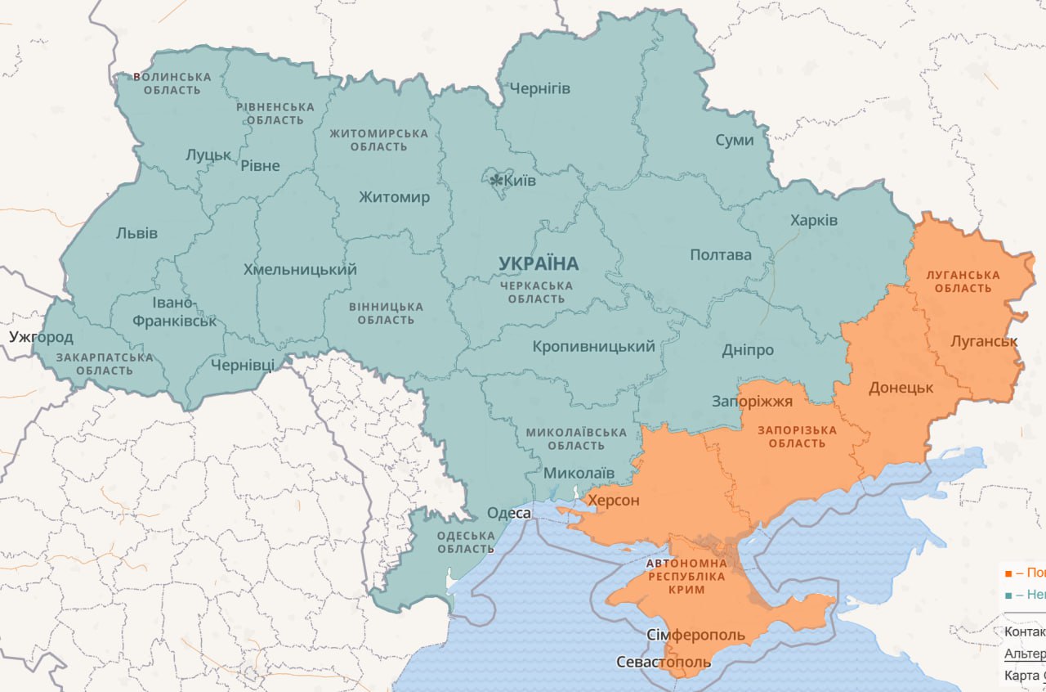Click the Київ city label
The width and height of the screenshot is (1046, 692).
coord(521,181)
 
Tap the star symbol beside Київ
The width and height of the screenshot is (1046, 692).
coord(496,180)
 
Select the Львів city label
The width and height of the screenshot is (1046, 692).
coord(136,233)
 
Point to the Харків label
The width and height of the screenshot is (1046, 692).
coord(813,221)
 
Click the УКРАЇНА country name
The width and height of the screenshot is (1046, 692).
coord(539,263)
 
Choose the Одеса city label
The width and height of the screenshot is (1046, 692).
coord(508,513)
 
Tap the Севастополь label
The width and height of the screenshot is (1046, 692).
coord(664,662)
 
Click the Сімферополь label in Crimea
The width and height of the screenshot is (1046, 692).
coord(695,636)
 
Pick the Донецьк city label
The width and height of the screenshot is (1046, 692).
coord(901,388)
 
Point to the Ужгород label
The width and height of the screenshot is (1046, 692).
coord(41,337)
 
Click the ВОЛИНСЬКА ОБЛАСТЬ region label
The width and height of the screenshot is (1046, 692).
coord(172,83)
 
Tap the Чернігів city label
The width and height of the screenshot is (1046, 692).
coord(539,88)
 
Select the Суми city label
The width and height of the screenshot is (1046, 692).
coord(734,140)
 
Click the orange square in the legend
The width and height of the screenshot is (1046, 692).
coord(1008,573)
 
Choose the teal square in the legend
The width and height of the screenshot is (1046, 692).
coord(1008,595)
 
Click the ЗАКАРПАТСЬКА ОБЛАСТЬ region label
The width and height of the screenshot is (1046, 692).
coord(105,364)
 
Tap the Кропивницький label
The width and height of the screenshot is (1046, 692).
coord(593,347)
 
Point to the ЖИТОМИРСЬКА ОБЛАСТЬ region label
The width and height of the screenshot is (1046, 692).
coord(378,140)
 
